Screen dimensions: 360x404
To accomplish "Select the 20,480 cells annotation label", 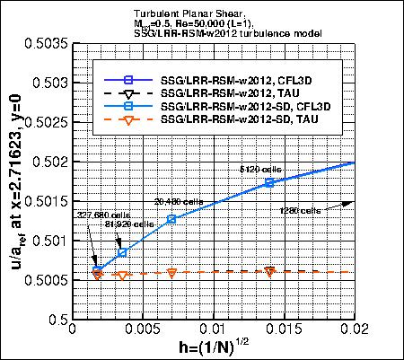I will coord(174,202).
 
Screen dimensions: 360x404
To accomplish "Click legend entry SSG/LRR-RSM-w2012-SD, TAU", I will coord(241,120).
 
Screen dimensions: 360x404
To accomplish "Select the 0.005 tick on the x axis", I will coord(142,329).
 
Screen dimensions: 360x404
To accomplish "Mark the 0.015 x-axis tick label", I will coord(284,329).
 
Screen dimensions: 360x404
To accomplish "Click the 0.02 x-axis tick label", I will coord(356,329).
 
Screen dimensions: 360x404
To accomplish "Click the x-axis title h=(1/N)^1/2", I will coord(214,347).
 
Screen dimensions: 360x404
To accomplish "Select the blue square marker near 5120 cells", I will coord(269,183).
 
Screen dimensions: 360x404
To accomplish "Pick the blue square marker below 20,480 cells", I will coord(171,219).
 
